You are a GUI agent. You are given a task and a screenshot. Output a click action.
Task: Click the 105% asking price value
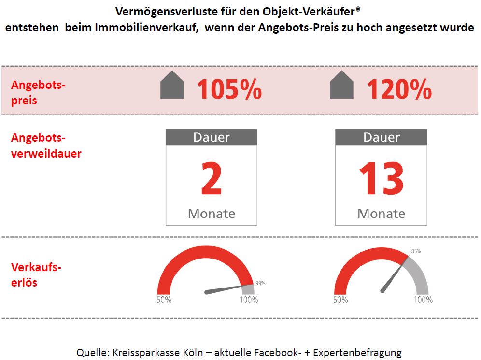pos(229,89)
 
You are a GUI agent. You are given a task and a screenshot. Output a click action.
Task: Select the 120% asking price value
pos(399,89)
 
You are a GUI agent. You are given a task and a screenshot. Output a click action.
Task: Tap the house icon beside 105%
pos(172,85)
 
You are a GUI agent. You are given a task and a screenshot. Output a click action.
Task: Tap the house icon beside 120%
pos(341,85)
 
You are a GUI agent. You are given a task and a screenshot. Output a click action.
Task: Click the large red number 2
pos(211,179)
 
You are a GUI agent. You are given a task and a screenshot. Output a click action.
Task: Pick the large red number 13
pos(381,179)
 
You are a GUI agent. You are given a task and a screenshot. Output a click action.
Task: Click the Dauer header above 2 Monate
pos(212,138)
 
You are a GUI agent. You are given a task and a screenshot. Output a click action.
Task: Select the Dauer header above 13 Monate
pos(382,138)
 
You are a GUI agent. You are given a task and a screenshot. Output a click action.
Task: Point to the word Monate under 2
pos(212,213)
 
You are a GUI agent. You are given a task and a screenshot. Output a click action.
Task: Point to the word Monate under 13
pos(382,213)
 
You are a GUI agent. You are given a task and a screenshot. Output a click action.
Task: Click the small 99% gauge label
pos(260,283)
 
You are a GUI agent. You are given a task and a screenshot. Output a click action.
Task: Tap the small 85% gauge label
pos(416,251)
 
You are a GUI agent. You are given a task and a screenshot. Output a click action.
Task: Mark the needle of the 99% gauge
pos(225,289)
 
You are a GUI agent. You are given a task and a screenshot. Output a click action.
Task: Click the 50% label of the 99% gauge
pos(164,300)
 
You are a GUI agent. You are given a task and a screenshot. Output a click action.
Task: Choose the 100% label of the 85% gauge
pos(423,300)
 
